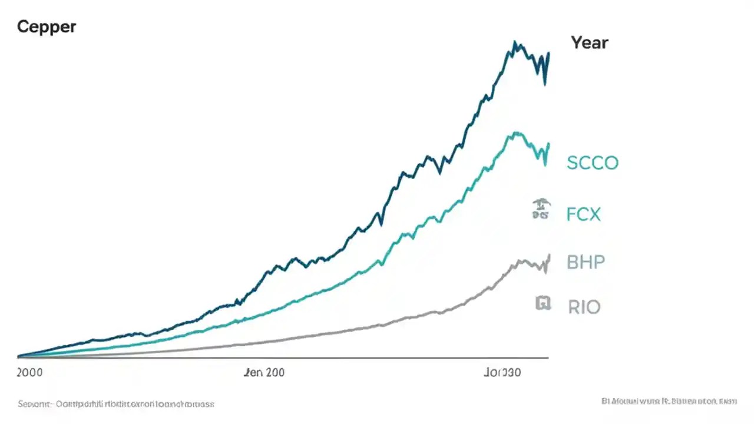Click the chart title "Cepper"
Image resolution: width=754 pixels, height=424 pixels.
point(47,27)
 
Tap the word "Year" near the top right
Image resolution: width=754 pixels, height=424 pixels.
point(589,42)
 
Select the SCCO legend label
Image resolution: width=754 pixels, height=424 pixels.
point(592,163)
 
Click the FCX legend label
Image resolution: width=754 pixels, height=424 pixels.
point(583,214)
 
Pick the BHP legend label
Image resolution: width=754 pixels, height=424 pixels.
point(586,261)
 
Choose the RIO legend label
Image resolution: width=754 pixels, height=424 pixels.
point(584,307)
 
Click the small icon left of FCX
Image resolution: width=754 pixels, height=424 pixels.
point(540,210)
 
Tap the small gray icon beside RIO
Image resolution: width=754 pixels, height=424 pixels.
point(542,303)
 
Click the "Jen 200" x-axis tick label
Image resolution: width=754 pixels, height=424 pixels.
point(264,373)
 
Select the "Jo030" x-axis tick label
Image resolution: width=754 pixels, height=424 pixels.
point(502,373)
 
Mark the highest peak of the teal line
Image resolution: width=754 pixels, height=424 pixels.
point(516,133)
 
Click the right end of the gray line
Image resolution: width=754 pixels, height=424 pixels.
point(549,256)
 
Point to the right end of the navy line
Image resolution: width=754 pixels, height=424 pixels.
point(549,53)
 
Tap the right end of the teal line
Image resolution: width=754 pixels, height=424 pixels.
point(549,144)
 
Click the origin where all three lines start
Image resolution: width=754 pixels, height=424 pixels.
point(19,356)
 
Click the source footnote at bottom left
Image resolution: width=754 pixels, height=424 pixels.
point(115,405)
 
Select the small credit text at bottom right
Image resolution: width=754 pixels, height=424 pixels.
point(669,402)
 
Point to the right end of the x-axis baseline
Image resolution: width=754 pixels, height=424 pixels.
point(548,357)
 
